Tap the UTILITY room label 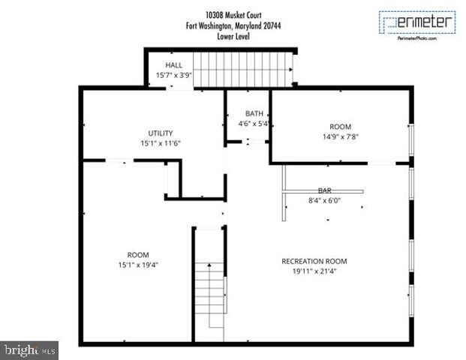161,133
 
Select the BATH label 254,114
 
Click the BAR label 324,191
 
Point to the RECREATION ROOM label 314,261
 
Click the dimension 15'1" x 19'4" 138,264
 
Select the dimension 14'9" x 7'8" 340,136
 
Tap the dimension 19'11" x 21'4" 314,271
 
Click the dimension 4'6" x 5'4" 254,123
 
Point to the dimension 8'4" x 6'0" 324,200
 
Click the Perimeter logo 416,22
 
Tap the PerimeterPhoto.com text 416,37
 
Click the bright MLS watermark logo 29,349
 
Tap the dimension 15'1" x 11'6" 161,142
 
